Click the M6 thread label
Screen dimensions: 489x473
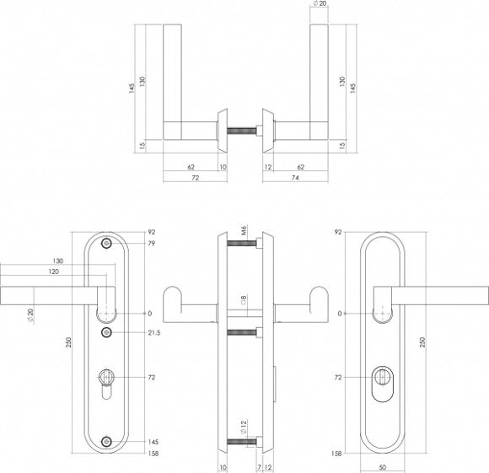click(x=244, y=230)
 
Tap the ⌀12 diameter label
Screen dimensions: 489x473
click(x=244, y=427)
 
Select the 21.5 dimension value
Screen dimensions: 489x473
click(x=154, y=333)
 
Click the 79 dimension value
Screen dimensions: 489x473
click(x=151, y=244)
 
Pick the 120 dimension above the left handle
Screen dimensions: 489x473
click(x=54, y=271)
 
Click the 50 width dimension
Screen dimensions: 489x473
click(x=383, y=467)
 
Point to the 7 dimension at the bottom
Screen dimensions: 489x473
click(x=259, y=467)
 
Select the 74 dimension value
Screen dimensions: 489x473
click(x=295, y=178)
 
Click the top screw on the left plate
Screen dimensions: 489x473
click(x=107, y=244)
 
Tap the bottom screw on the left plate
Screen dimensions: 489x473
click(x=107, y=442)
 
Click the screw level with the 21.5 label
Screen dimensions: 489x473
click(x=107, y=333)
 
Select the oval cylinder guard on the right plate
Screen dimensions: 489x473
click(x=383, y=384)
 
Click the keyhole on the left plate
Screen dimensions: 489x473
click(x=107, y=384)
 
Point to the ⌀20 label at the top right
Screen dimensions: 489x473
click(x=319, y=4)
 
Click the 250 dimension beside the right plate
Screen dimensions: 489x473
click(x=422, y=342)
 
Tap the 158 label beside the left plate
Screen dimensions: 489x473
click(x=153, y=454)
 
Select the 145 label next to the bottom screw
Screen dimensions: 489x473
click(x=153, y=442)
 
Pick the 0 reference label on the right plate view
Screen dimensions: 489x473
click(x=340, y=314)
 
